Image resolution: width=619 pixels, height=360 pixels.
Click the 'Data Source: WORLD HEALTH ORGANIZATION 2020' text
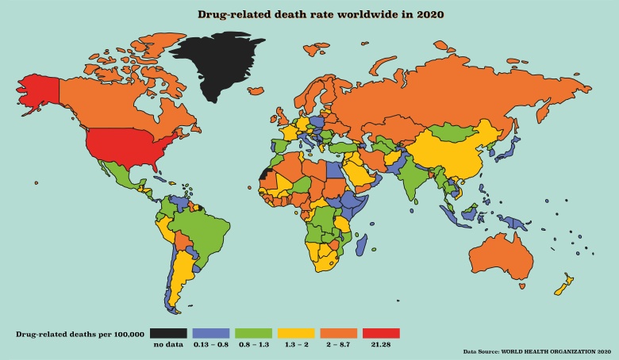pos(536,350)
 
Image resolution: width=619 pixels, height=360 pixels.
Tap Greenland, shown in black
pos(218,67)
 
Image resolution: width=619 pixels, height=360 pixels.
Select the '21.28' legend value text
pos(380,345)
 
